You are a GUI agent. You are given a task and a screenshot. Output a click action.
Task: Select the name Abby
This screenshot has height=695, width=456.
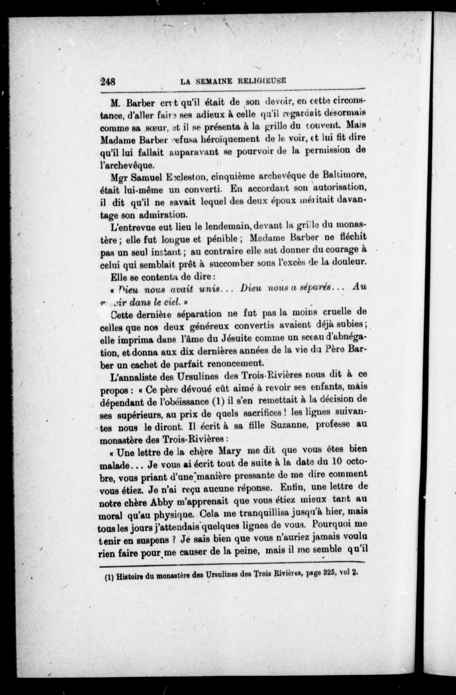tap(161, 501)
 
